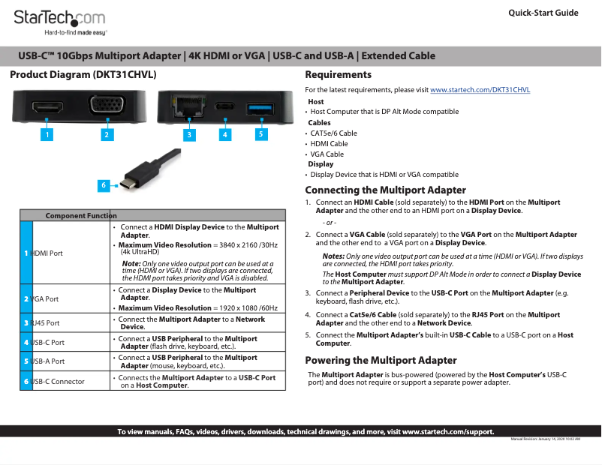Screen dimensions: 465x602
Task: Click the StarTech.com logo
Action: [x=60, y=21]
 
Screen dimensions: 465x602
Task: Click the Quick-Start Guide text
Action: [x=543, y=13]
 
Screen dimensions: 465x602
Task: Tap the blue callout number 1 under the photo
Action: [x=47, y=134]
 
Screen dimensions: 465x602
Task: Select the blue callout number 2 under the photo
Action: [x=107, y=134]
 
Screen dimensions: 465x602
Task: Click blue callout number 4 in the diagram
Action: [x=224, y=135]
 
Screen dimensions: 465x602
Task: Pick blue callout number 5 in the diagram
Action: [x=260, y=134]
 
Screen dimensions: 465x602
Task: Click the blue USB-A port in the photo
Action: [x=258, y=107]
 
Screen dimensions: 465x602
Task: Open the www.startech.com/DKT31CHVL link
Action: [x=480, y=90]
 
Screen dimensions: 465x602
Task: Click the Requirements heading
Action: [x=338, y=75]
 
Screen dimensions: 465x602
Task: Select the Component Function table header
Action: [x=81, y=215]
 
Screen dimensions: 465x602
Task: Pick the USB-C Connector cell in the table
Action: [x=57, y=381]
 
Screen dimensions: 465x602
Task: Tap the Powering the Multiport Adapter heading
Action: [x=381, y=360]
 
